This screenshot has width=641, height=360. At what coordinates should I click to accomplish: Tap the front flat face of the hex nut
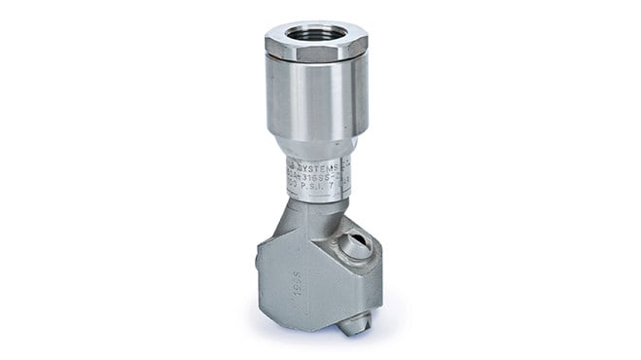(313, 53)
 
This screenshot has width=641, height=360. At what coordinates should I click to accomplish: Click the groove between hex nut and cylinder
(316, 64)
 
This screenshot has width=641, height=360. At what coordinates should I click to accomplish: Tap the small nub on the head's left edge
(258, 260)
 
